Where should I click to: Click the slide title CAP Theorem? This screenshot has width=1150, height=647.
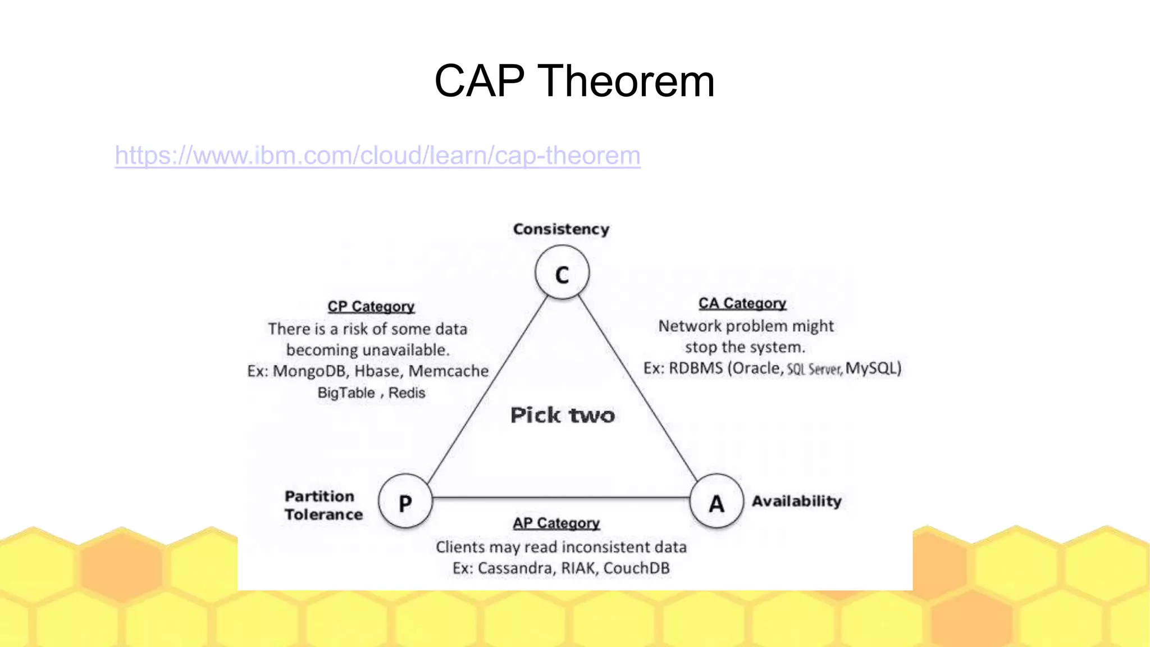tap(574, 81)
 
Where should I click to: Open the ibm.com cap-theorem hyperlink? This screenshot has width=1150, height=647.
tap(377, 156)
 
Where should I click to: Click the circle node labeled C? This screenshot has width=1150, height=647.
tap(562, 274)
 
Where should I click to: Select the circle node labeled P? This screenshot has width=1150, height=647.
tap(405, 502)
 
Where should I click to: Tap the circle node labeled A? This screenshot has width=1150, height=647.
tap(717, 502)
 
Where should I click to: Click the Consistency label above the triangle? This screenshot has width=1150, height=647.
tap(561, 229)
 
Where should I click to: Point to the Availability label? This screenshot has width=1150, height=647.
tap(796, 501)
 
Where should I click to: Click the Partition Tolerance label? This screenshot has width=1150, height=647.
tap(323, 505)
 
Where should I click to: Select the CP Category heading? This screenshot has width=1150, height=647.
tap(371, 307)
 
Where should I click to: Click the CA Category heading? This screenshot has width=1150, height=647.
tap(742, 303)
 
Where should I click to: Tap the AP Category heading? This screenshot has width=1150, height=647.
tap(556, 523)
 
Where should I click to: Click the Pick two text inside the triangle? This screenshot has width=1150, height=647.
tap(563, 416)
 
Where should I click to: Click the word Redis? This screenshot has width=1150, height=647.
tap(407, 393)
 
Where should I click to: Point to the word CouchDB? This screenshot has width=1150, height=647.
tap(636, 568)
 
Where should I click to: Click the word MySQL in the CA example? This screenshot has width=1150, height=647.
tap(871, 368)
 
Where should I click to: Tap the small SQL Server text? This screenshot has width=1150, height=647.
tap(814, 370)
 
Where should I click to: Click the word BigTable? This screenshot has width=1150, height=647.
tap(346, 393)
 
